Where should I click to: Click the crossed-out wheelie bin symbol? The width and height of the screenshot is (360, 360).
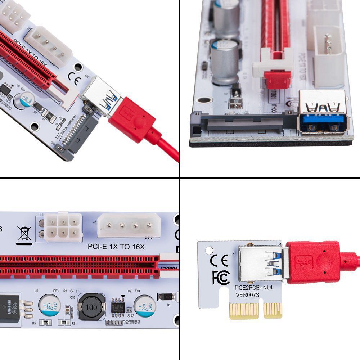(x=24, y=233)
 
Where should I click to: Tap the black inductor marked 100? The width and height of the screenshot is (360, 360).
(x=91, y=307)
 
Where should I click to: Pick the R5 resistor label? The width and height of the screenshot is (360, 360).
(x=34, y=323)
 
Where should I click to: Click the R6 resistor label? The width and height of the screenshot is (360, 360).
(x=73, y=323)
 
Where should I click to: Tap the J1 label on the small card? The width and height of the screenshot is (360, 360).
(x=234, y=252)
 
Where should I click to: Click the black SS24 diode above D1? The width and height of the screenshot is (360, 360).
(x=166, y=297)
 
